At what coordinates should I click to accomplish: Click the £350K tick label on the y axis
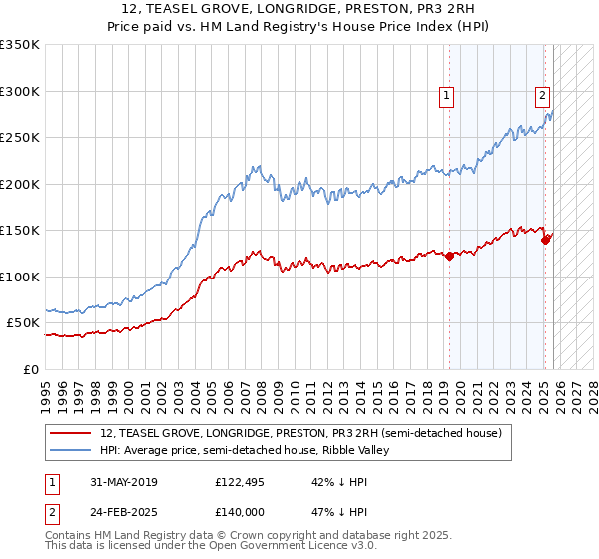coord(20,45)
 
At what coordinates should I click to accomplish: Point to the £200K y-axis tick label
coord(20,184)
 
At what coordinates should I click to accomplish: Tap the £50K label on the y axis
coord(23,323)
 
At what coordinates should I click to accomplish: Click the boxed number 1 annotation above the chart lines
coord(445,97)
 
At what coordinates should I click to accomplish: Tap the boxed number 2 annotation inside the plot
coord(542,97)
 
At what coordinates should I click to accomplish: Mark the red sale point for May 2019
coord(450,256)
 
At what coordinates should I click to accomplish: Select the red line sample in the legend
coord(71,434)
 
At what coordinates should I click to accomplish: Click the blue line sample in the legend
coord(71,451)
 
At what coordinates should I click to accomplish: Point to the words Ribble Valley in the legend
coord(365,451)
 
